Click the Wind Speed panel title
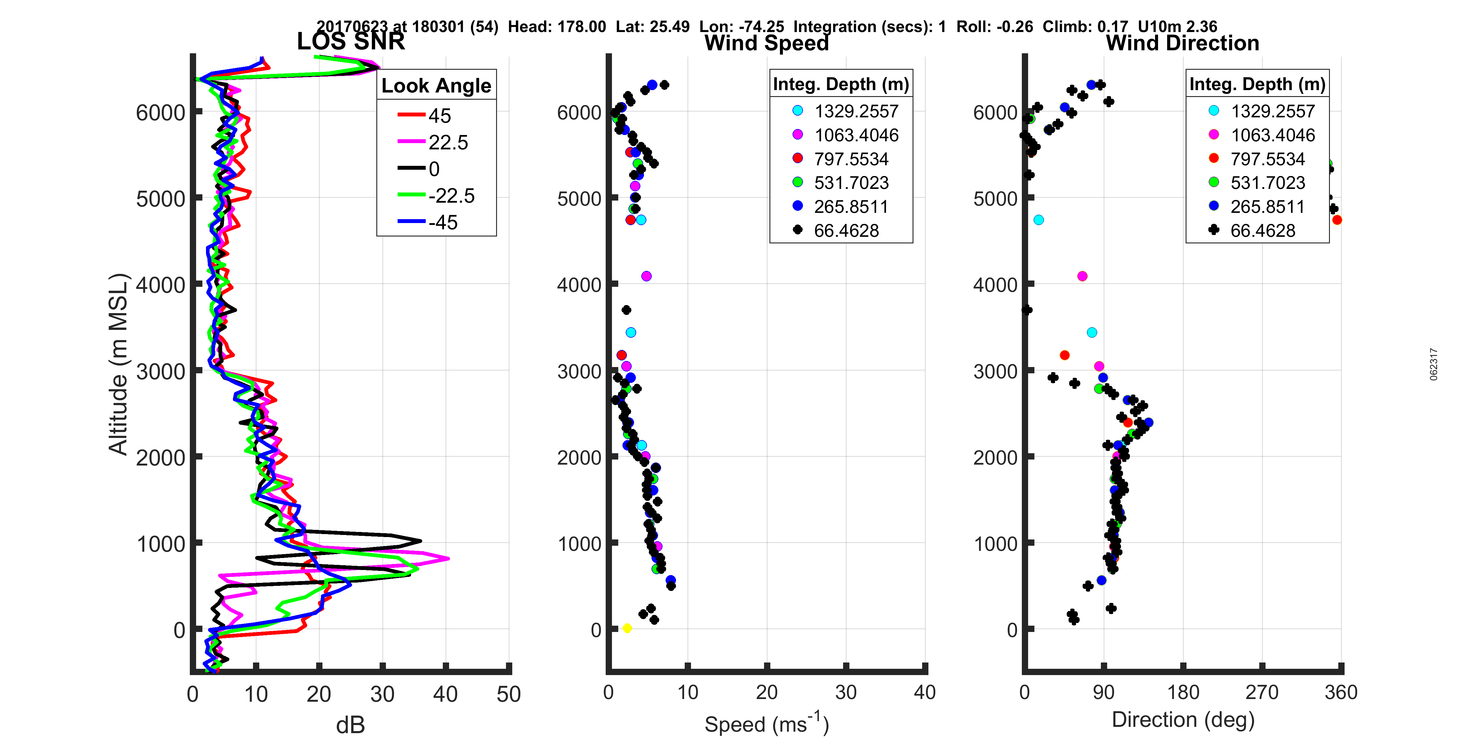[766, 43]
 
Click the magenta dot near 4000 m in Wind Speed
[646, 276]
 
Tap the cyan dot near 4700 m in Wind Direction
[1038, 220]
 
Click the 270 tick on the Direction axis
[1262, 692]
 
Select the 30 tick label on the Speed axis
[846, 692]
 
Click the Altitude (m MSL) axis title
[118, 364]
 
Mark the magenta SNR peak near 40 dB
[448, 558]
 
